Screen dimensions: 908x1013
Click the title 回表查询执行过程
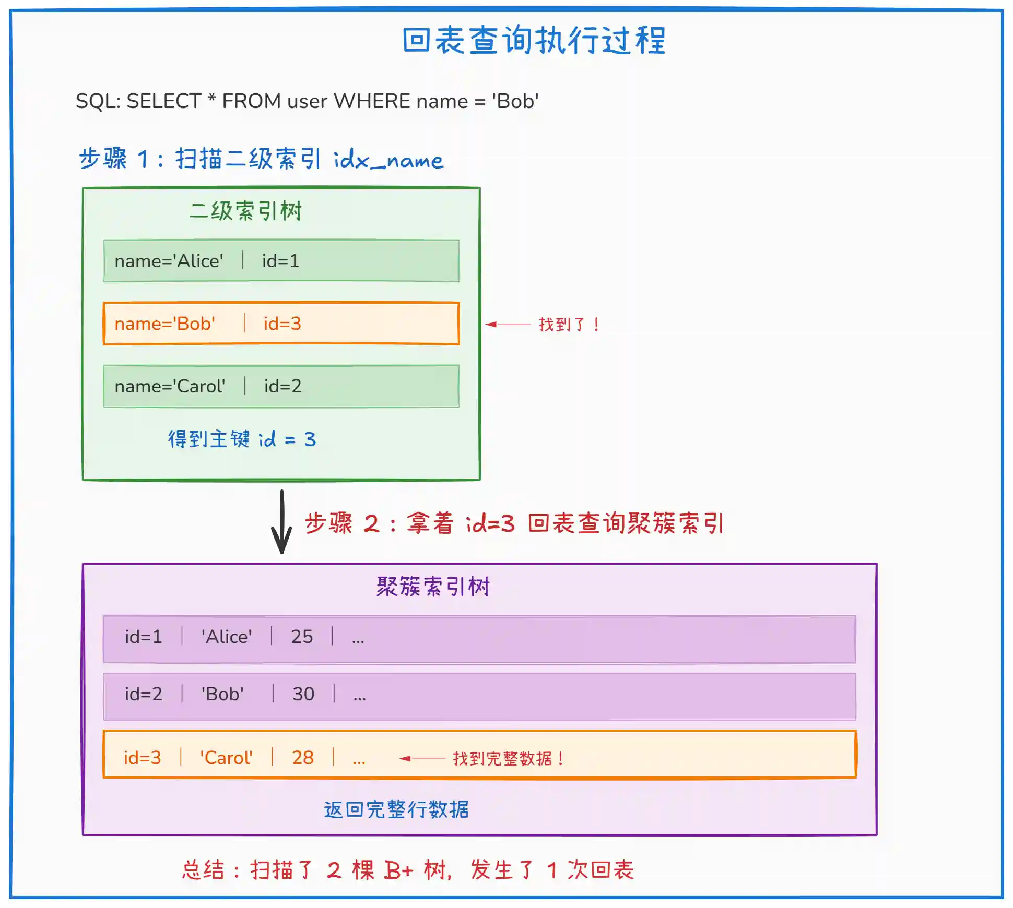tap(534, 41)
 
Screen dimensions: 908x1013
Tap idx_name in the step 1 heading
tap(388, 159)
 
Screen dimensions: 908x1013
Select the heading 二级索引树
tap(246, 211)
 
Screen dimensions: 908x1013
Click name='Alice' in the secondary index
tap(169, 261)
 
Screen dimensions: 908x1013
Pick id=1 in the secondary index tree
tap(280, 261)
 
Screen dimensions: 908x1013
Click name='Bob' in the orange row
tap(165, 324)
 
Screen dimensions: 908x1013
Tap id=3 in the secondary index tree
tap(282, 324)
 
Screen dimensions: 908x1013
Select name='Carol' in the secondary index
tap(170, 386)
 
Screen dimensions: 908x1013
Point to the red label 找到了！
tap(569, 325)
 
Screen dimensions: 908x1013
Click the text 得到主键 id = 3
tap(242, 439)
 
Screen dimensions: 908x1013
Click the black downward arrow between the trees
tap(282, 522)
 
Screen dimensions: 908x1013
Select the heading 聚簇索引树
tap(433, 587)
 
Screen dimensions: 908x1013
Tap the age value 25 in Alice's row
tap(302, 637)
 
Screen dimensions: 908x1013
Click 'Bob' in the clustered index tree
tap(222, 694)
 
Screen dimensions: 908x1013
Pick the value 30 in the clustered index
tap(303, 694)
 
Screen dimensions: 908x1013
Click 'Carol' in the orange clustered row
tap(226, 758)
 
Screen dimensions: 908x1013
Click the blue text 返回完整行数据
tap(396, 810)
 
